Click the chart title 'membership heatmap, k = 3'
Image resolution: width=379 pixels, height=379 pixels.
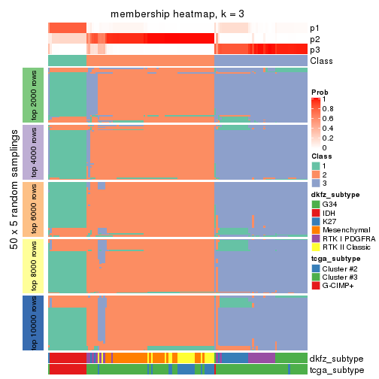177,14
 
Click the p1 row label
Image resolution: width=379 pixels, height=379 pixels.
317,27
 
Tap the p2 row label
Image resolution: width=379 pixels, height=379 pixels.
317,38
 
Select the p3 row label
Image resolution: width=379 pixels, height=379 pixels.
317,50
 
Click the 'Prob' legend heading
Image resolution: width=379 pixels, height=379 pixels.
320,92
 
